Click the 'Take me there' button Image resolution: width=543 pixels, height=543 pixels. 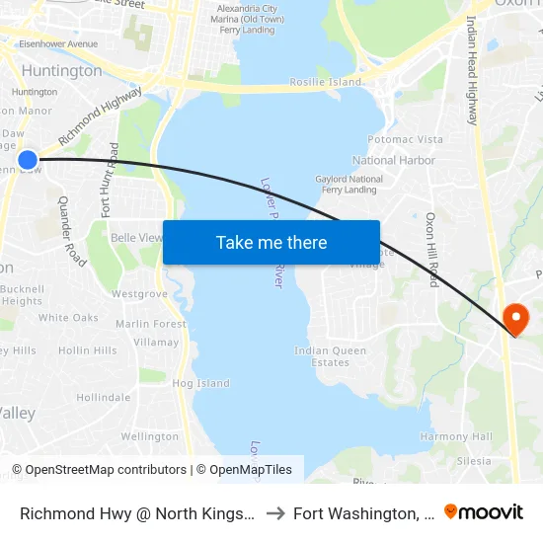pyautogui.click(x=271, y=242)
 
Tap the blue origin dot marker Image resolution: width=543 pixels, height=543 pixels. pyautogui.click(x=27, y=160)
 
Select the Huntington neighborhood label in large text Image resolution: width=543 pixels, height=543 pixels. pyautogui.click(x=61, y=71)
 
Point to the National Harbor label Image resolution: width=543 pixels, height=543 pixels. pyautogui.click(x=393, y=160)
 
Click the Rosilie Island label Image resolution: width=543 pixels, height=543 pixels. pyautogui.click(x=325, y=82)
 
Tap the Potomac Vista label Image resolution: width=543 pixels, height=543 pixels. pyautogui.click(x=405, y=140)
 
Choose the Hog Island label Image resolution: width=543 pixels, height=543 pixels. pyautogui.click(x=200, y=383)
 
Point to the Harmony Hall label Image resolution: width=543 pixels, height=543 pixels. pyautogui.click(x=456, y=436)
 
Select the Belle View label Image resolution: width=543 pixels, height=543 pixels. pyautogui.click(x=135, y=238)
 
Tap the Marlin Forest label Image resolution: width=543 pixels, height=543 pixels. pyautogui.click(x=151, y=324)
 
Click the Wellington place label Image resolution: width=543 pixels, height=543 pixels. pyautogui.click(x=150, y=436)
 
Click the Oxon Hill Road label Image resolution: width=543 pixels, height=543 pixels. pyautogui.click(x=432, y=249)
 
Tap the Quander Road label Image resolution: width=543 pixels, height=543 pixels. pyautogui.click(x=72, y=231)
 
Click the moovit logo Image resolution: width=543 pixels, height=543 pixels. pyautogui.click(x=483, y=511)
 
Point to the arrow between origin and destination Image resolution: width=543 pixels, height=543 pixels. pyautogui.click(x=275, y=513)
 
